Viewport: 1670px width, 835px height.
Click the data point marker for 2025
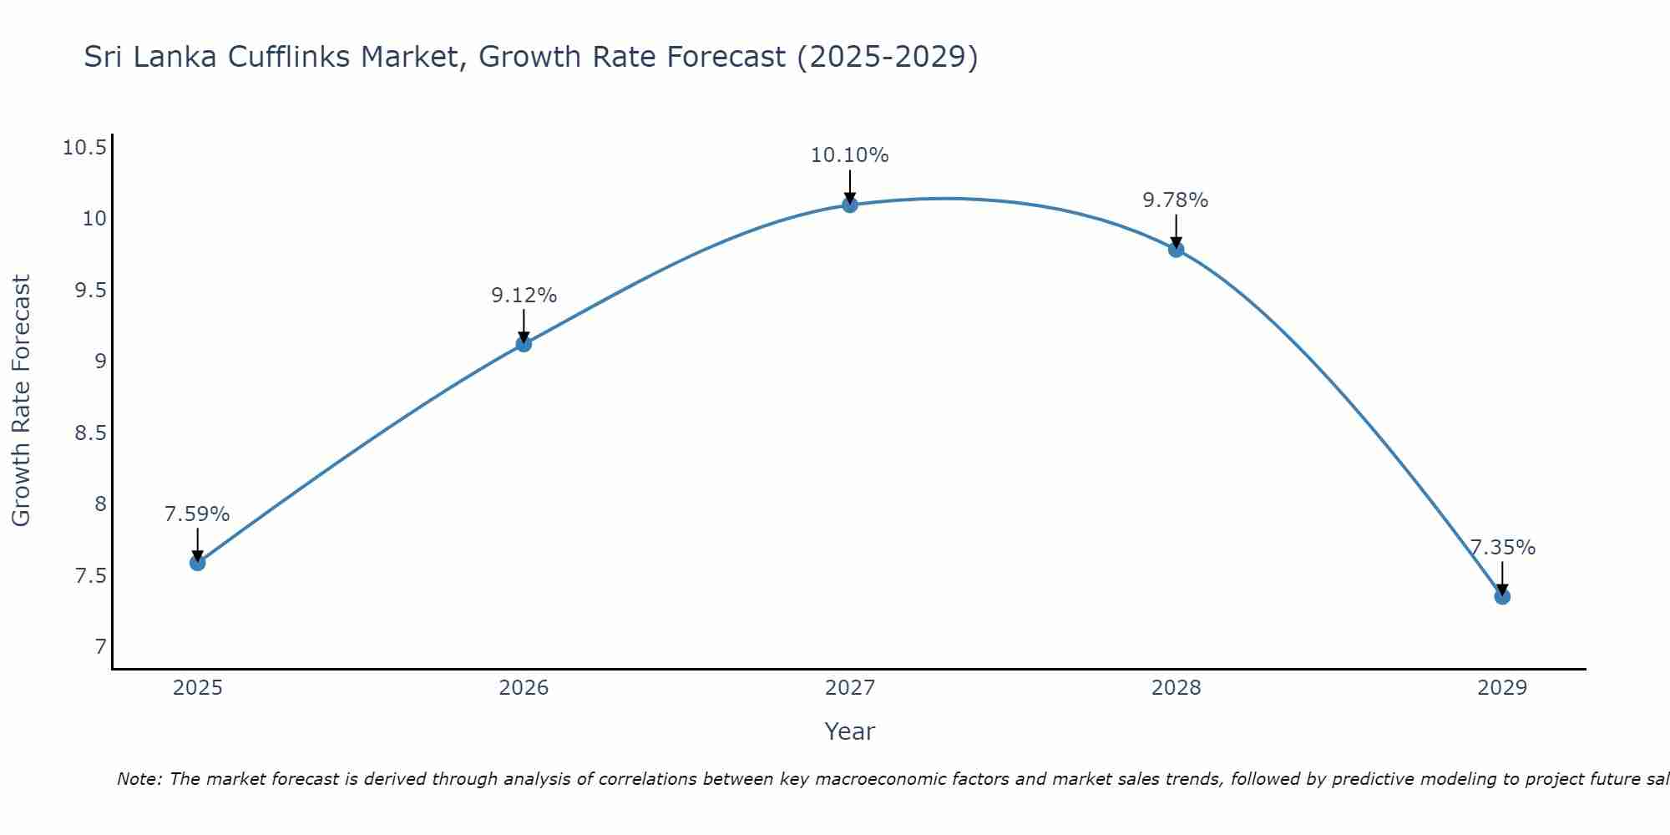point(197,563)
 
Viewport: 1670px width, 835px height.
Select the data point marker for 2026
point(524,344)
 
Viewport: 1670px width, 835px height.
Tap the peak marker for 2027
point(850,205)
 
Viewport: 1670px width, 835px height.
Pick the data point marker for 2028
point(1176,250)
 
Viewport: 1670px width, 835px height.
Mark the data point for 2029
point(1502,596)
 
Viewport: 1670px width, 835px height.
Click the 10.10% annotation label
point(849,155)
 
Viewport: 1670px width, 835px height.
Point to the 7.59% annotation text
point(197,514)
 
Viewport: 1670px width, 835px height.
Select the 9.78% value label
point(1175,200)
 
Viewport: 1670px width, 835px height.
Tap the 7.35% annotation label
point(1502,548)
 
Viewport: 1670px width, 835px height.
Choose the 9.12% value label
point(524,296)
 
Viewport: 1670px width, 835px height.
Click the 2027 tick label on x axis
point(849,688)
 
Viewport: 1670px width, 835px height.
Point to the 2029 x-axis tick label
point(1501,688)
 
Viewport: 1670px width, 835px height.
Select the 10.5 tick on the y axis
point(84,149)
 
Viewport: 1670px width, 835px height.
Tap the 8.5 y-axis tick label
point(89,433)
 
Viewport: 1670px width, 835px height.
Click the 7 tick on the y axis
point(100,647)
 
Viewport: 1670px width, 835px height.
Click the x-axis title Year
point(849,731)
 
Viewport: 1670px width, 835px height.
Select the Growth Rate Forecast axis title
point(21,400)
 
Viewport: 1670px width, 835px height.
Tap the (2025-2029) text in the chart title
point(887,58)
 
